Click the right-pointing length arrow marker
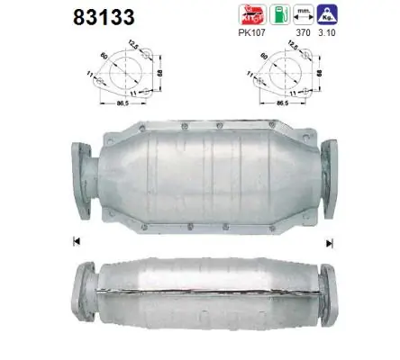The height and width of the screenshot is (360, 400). point(329,241)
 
